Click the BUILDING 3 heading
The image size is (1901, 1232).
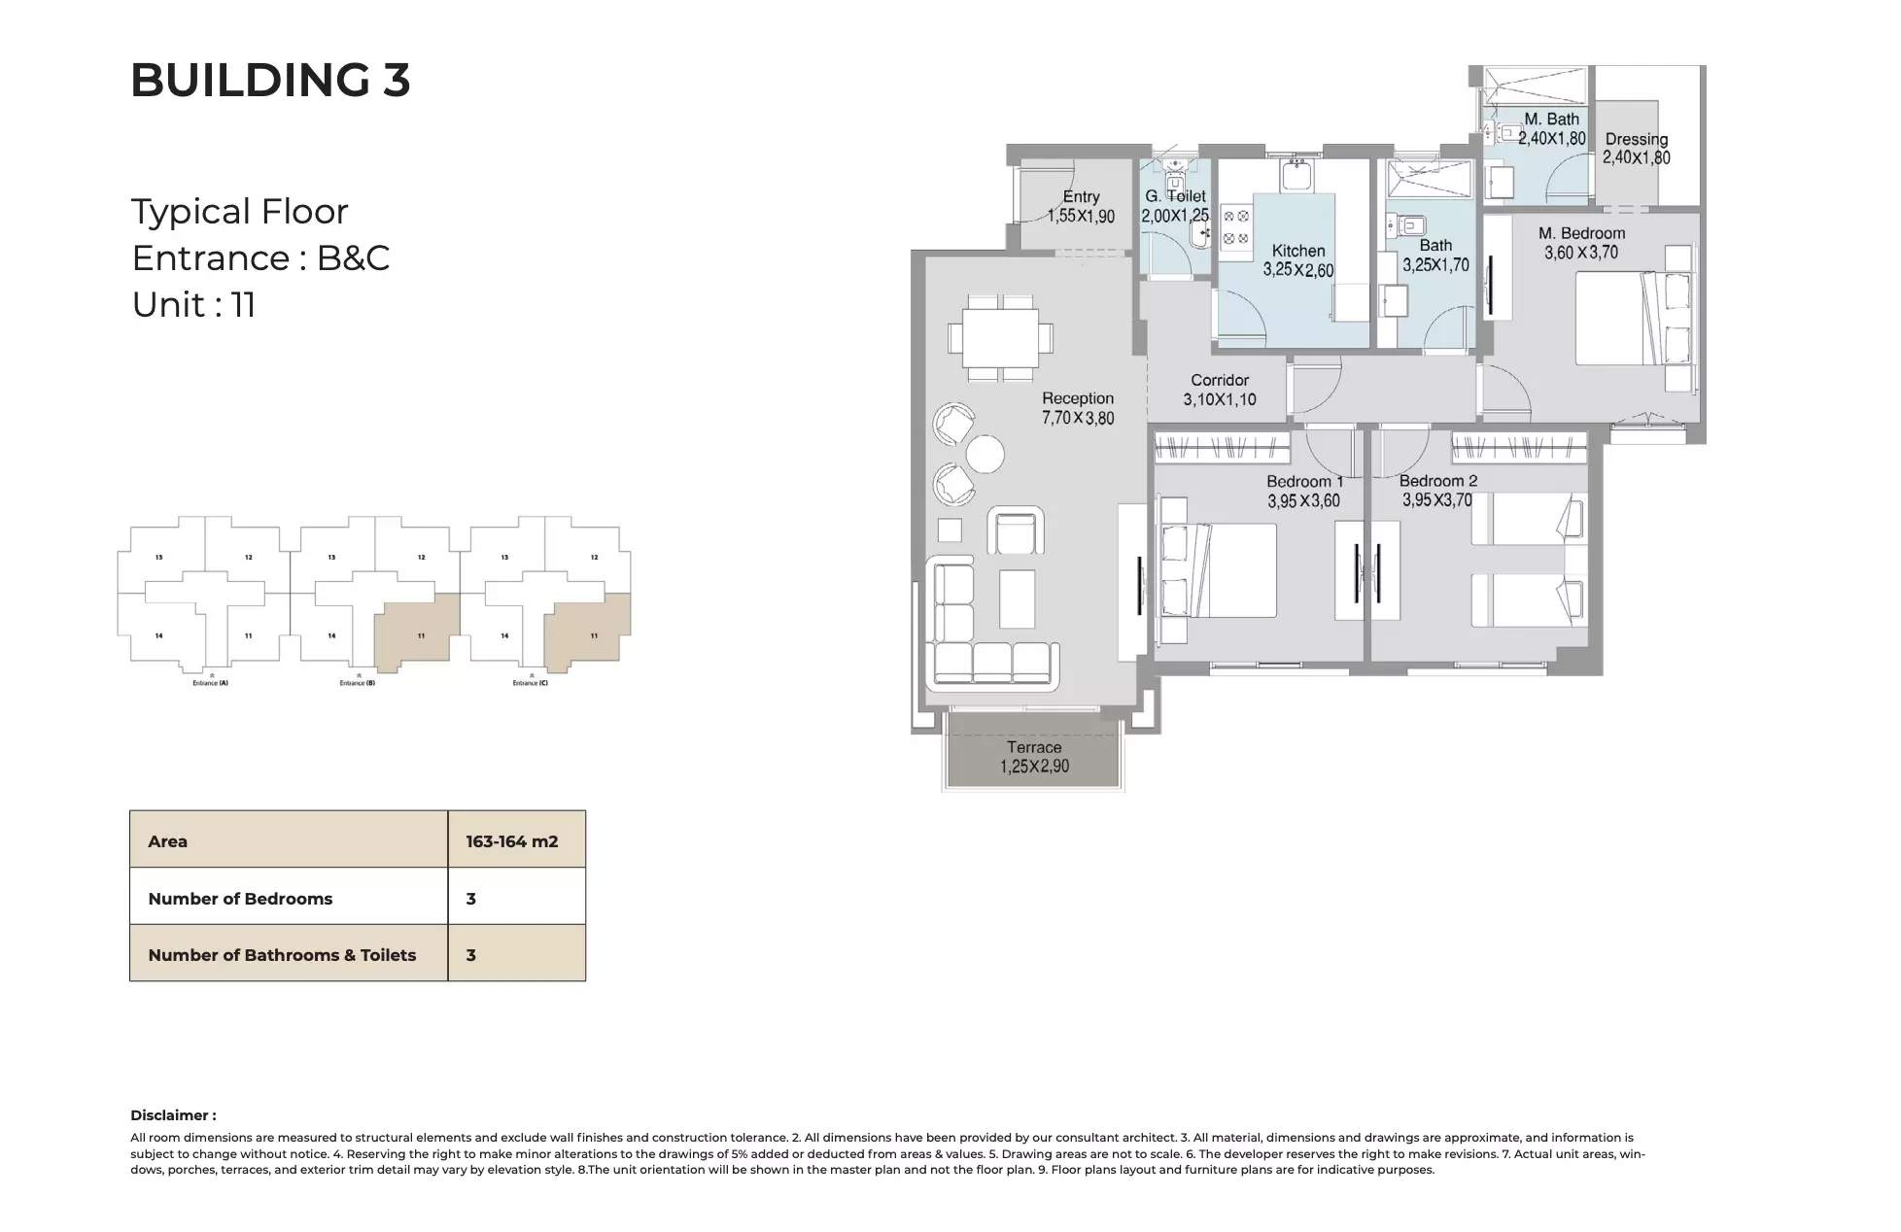270,80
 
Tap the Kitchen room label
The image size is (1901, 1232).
1297,251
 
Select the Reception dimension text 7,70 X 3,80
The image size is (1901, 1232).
1078,419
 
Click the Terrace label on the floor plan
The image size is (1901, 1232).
1033,747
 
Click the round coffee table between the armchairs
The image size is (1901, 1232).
985,454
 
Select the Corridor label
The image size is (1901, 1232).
1220,380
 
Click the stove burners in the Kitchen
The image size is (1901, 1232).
1235,228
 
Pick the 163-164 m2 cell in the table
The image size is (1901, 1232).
512,841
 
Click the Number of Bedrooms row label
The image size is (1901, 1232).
240,899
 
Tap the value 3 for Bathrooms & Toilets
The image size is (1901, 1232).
471,955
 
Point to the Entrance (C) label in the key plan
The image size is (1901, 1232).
530,683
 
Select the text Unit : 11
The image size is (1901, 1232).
193,305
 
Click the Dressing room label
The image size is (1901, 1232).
1636,139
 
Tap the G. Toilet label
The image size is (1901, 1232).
1175,196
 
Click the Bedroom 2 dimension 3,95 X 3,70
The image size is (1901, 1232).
1436,500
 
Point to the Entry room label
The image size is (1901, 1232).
1081,197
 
